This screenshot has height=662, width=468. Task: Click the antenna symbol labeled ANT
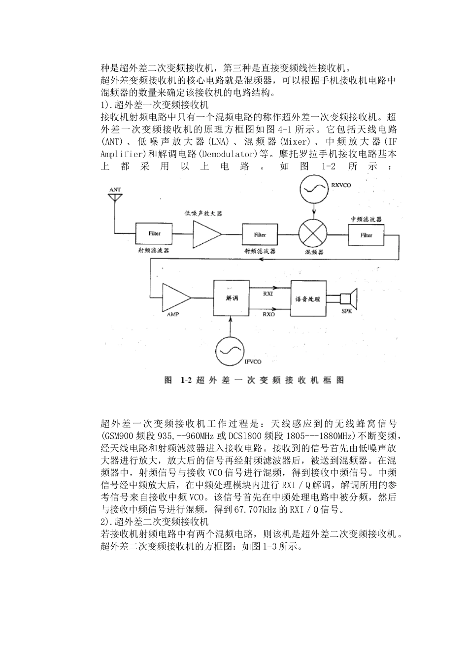coord(115,197)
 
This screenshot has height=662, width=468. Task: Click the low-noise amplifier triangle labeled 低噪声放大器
coord(206,234)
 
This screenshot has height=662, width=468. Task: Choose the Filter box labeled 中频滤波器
coord(366,235)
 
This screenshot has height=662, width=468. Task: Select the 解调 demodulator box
coord(232,298)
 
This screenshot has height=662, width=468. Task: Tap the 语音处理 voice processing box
coord(308,299)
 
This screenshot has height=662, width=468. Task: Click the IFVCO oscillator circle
coord(229,351)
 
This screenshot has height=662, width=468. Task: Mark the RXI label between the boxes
coord(268,294)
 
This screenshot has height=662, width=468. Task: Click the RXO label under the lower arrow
coord(269,313)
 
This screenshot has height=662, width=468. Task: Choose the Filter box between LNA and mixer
coord(260,235)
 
